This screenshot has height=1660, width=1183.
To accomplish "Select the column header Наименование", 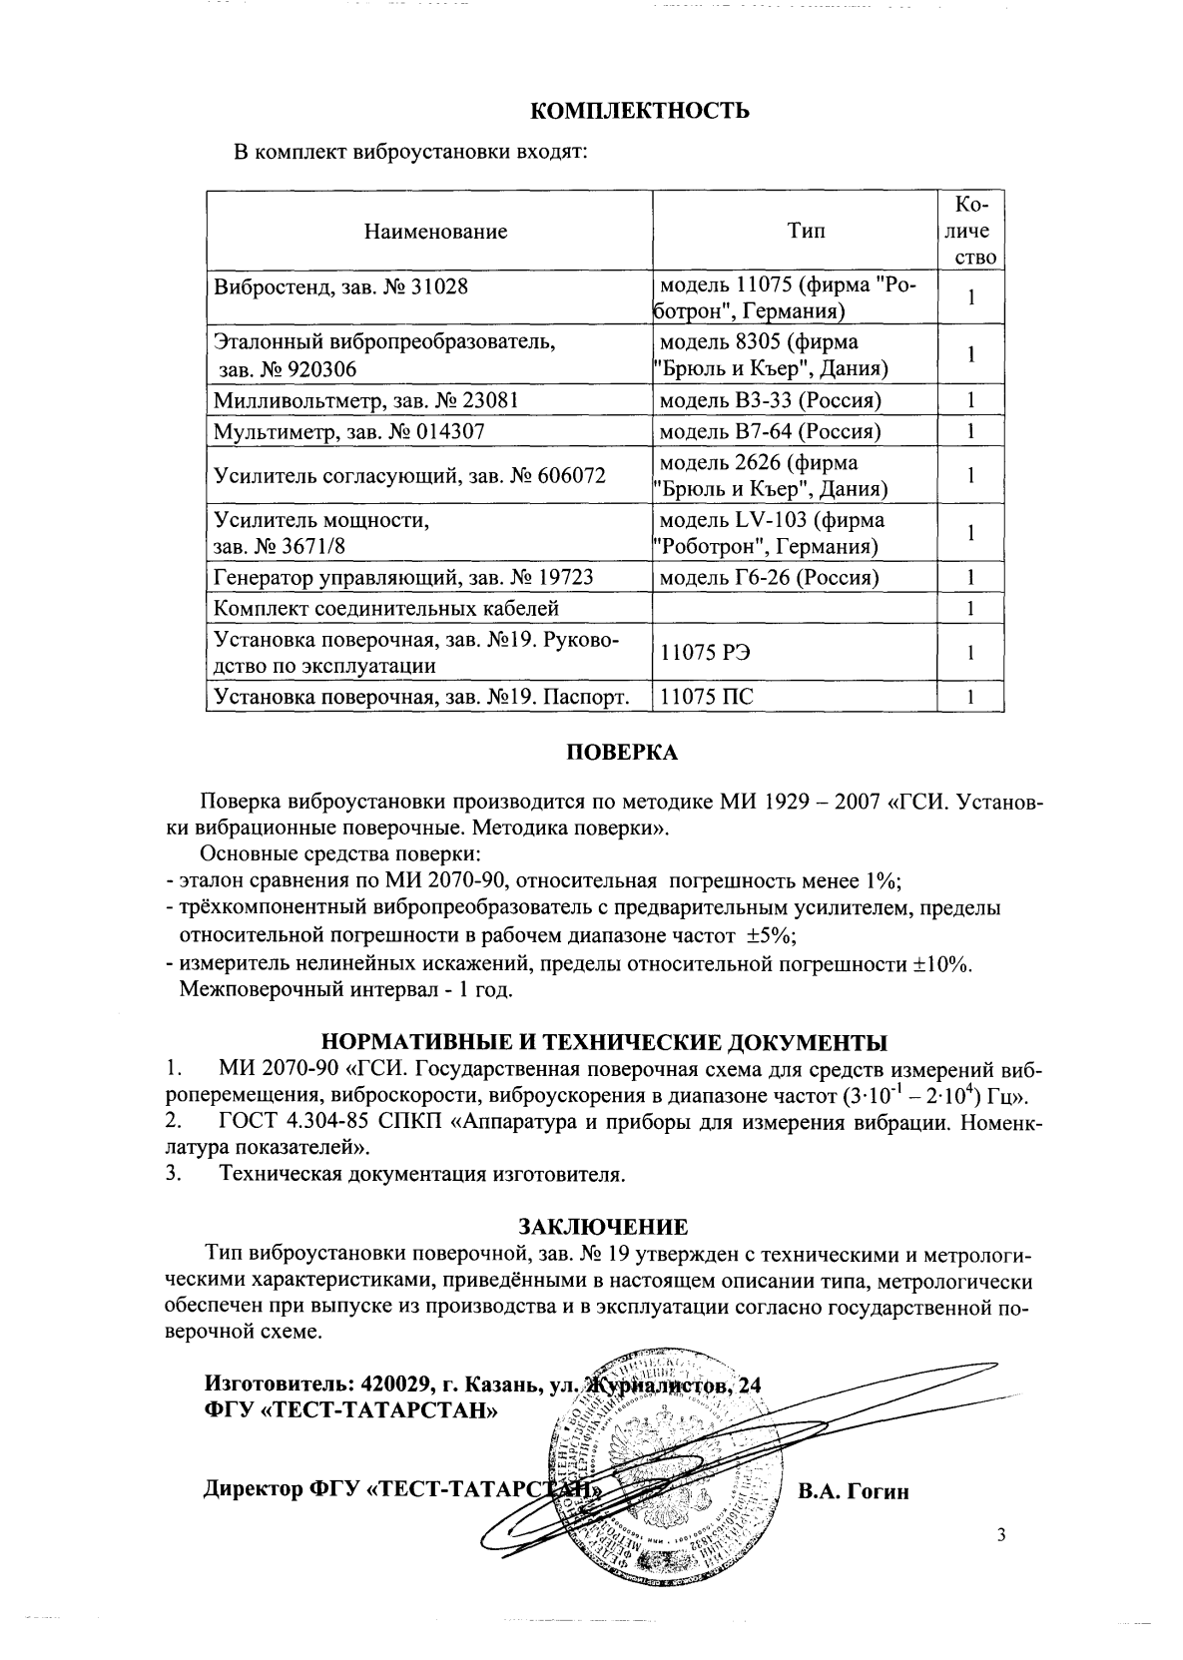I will click(x=435, y=232).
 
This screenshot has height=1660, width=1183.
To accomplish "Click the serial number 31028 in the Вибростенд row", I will click(x=439, y=287).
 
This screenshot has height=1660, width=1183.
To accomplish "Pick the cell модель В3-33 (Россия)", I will click(x=770, y=401).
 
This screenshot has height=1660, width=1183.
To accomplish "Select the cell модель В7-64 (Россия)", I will click(x=770, y=432).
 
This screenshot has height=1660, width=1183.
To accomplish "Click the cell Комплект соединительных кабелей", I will click(x=387, y=608).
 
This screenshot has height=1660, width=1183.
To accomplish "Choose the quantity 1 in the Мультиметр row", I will click(x=969, y=432).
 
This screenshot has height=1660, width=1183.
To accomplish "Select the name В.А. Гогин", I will click(x=854, y=1492).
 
